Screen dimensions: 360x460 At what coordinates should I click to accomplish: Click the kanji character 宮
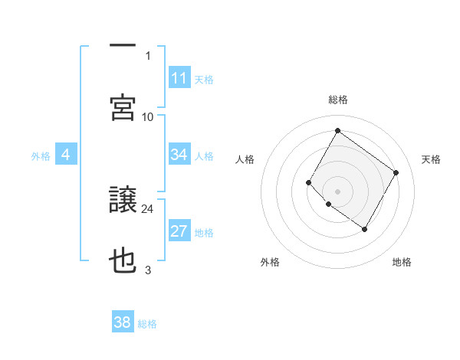123,107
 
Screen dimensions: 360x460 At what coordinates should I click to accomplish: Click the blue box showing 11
179,77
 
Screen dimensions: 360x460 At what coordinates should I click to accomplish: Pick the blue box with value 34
179,155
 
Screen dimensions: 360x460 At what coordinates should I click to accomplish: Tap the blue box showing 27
179,231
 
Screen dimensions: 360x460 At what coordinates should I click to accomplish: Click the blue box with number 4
65,155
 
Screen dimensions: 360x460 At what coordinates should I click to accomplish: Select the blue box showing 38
123,322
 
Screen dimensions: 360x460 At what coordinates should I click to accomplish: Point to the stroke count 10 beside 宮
148,116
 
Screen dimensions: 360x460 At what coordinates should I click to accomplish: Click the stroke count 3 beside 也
148,270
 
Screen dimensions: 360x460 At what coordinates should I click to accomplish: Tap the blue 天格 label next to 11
204,79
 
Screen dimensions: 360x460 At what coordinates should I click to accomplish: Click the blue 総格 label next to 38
147,324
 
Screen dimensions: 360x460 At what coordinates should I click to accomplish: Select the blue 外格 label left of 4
41,156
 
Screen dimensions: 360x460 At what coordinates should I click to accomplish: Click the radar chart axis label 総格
338,100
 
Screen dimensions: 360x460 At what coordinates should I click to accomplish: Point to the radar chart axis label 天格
432,159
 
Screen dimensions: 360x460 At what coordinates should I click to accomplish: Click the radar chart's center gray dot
337,190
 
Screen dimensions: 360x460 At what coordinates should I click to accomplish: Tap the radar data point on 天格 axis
396,173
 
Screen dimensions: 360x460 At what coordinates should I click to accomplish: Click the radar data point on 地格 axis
365,229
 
